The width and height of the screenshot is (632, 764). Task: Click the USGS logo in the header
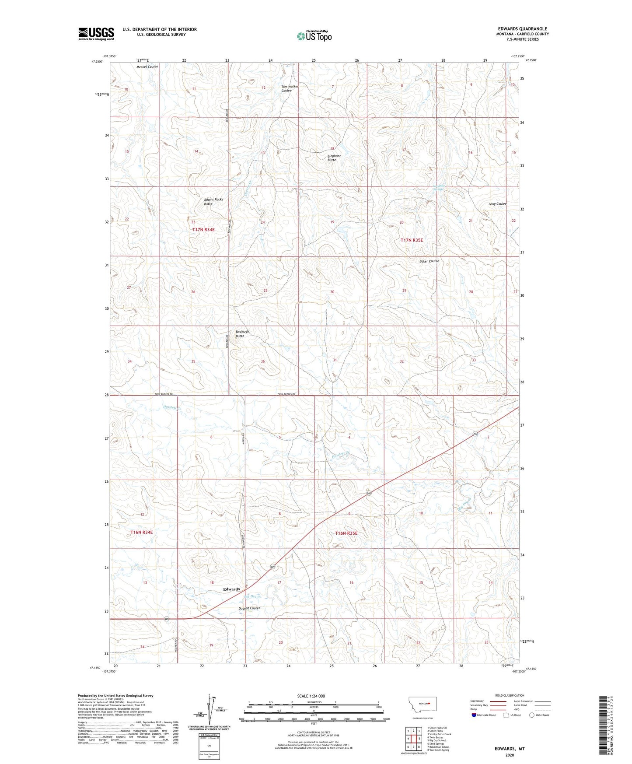pos(96,34)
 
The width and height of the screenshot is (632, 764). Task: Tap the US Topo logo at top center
pos(314,36)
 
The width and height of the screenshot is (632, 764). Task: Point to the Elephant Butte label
pos(334,158)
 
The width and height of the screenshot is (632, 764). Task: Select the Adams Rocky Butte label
pos(213,201)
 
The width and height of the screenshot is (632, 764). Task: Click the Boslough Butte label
pos(242,333)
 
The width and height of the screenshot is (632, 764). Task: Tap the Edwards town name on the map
pos(231,589)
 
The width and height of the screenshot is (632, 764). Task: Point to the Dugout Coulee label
pos(249,608)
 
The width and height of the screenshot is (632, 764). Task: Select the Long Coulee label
pos(497,204)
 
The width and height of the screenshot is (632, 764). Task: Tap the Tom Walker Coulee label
pos(289,88)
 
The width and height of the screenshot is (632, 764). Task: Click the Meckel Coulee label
pos(147,67)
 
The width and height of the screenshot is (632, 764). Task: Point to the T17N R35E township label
pos(412,240)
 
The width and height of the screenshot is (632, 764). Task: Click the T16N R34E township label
pos(142,532)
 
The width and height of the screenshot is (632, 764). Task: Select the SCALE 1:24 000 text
pos(311,696)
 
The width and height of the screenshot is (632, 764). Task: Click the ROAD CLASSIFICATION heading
pos(509,695)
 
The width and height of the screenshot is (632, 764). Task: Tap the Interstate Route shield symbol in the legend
pos(474,715)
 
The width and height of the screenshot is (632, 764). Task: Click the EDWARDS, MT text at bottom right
pos(509,749)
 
